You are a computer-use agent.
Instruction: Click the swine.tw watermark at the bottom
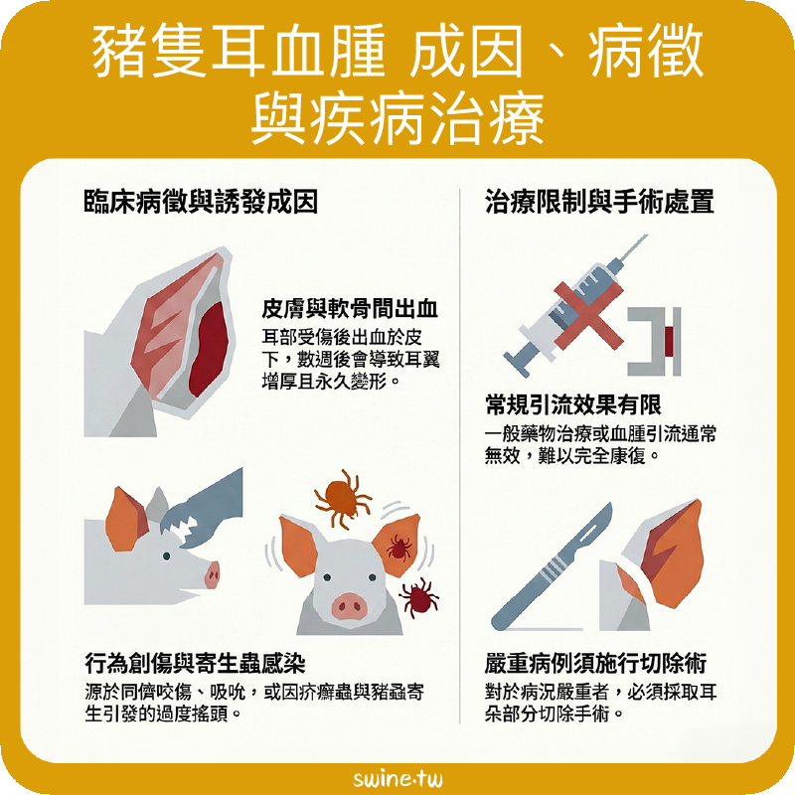(x=397, y=778)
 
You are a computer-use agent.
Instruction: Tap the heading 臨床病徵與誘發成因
(x=201, y=202)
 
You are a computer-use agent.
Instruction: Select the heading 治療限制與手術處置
(x=599, y=202)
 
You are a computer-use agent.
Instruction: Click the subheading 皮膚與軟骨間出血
(x=350, y=308)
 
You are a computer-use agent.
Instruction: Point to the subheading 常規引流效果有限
(x=573, y=404)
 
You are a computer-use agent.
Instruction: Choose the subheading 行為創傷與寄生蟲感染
(x=195, y=663)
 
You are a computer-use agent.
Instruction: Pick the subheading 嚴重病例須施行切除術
(x=595, y=663)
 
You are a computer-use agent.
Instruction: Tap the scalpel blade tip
(x=610, y=504)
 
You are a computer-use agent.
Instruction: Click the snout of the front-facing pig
(x=349, y=605)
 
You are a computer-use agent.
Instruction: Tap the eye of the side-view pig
(x=166, y=556)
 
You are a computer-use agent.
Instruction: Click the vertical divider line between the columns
(x=460, y=456)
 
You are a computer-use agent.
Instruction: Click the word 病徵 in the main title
(x=645, y=52)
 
